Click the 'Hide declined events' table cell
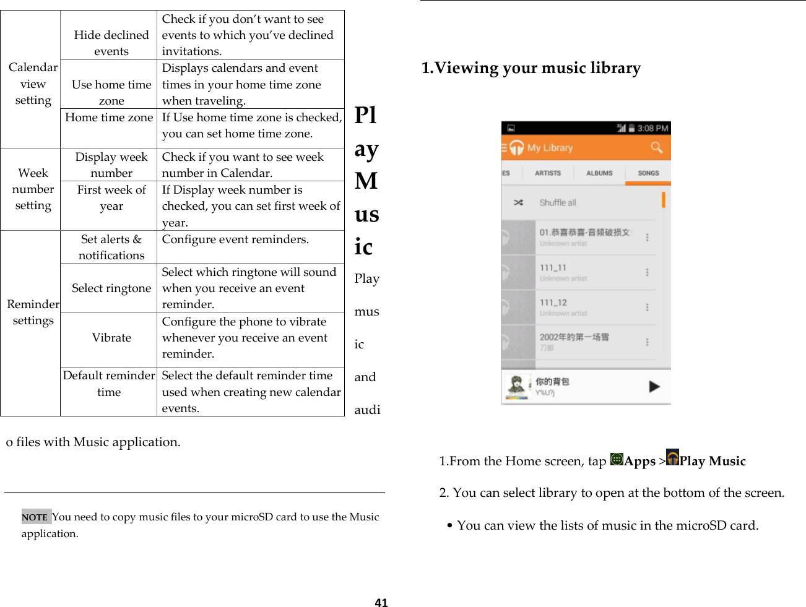[x=111, y=43]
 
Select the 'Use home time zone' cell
[x=111, y=92]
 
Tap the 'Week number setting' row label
[x=33, y=189]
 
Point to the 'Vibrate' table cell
[x=111, y=338]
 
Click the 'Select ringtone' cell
[x=111, y=288]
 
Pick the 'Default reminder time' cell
[x=109, y=384]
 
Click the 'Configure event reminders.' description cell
[x=235, y=239]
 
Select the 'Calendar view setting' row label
[x=33, y=84]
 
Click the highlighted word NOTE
[x=35, y=517]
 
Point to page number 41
[x=381, y=603]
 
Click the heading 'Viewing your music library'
[x=531, y=68]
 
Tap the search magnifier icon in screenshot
[x=656, y=147]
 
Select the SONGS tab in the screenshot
[x=648, y=173]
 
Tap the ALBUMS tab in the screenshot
[x=599, y=173]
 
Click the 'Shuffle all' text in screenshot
[x=558, y=203]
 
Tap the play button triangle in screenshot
[x=654, y=387]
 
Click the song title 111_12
[x=553, y=303]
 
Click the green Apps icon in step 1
[x=617, y=459]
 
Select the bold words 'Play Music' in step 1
[x=713, y=461]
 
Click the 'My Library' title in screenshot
[x=550, y=148]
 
